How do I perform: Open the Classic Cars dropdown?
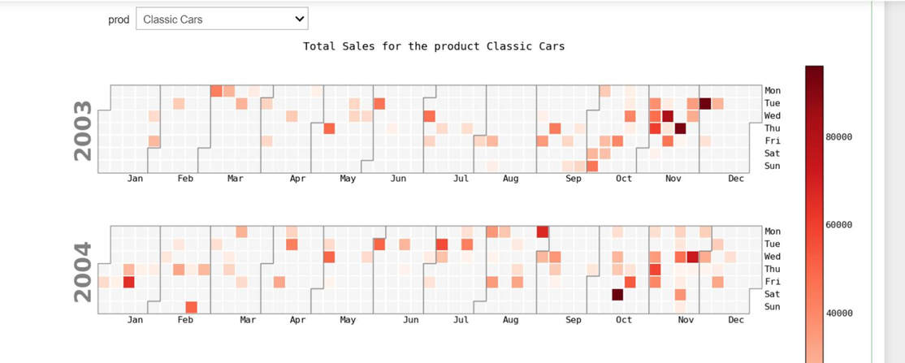[221, 19]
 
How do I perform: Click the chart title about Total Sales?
[434, 46]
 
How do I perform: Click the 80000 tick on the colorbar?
[838, 137]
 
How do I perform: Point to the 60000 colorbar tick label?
[838, 225]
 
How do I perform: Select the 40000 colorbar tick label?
[838, 313]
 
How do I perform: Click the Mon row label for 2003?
[772, 91]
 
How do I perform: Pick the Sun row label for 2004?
[772, 307]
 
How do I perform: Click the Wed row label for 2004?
[772, 257]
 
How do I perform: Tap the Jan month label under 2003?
[135, 179]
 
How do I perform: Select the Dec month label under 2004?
[736, 320]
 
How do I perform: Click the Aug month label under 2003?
[510, 179]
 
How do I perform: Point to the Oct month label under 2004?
[623, 320]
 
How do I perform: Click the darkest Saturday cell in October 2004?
[617, 295]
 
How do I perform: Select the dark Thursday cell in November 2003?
[681, 128]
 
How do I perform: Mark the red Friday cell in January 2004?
[128, 282]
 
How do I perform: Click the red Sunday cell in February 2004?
[191, 307]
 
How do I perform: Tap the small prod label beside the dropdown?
[119, 19]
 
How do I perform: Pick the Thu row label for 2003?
[772, 128]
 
